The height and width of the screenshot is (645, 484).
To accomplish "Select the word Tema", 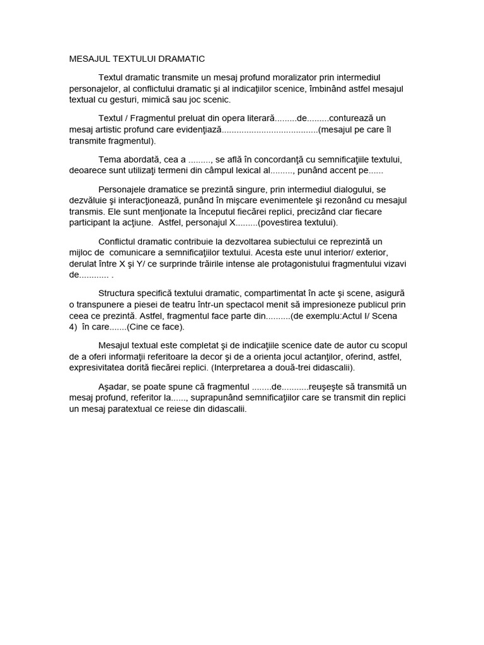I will [110, 159].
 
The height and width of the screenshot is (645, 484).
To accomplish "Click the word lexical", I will [246, 170].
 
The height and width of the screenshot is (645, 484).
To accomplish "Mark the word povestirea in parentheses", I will [279, 222].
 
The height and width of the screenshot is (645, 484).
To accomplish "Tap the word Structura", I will [120, 294].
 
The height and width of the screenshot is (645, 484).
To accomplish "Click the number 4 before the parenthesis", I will [71, 328].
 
